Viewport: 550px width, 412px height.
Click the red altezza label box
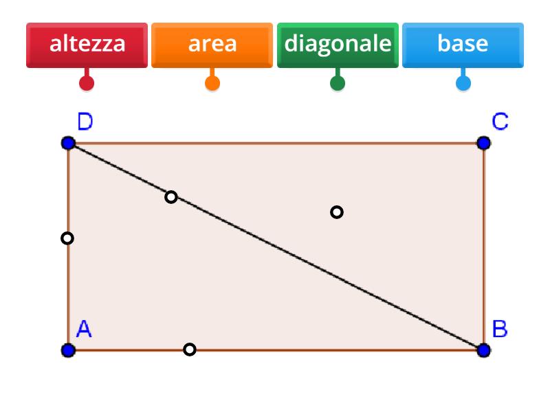[87, 45]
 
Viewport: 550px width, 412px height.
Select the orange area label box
[212, 45]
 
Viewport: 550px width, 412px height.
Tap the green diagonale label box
[338, 45]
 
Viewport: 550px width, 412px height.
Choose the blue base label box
[463, 45]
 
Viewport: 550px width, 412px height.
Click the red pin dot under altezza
[87, 83]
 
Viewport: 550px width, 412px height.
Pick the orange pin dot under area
[212, 83]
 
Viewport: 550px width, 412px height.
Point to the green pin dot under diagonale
[338, 83]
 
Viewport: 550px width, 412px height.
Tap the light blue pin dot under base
[463, 83]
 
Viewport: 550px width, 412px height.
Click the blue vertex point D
[68, 143]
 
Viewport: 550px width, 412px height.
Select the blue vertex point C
[484, 143]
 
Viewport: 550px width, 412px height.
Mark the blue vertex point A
[68, 350]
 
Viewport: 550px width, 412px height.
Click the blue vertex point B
[484, 350]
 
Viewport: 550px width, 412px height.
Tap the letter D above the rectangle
[85, 122]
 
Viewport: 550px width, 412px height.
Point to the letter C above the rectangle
[500, 122]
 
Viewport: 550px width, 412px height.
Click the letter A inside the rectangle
[84, 329]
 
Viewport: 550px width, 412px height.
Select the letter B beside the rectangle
[500, 329]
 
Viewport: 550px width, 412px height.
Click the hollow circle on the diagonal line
[170, 197]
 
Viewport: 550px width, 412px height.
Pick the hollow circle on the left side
[67, 238]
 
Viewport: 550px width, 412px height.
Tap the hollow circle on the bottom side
[190, 350]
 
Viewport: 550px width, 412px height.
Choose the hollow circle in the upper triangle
[337, 212]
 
